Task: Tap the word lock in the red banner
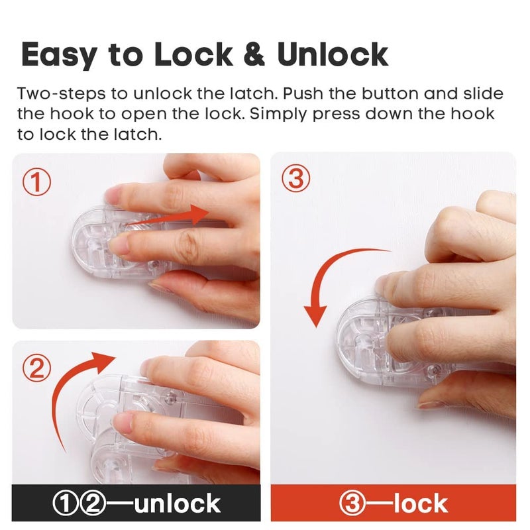click(x=420, y=503)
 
